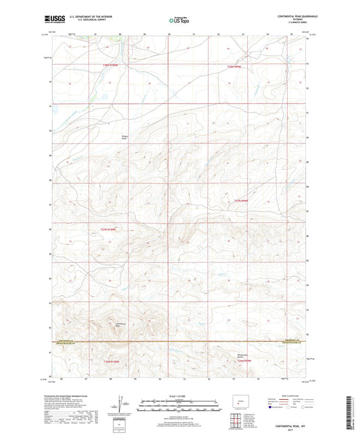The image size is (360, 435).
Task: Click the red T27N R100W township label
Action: click(x=108, y=229)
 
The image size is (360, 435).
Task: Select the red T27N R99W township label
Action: click(x=241, y=200)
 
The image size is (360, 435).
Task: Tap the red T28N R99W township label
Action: click(x=234, y=66)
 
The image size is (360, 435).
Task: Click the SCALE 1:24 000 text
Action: click(x=179, y=395)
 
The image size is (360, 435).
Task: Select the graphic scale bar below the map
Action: click(x=179, y=407)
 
